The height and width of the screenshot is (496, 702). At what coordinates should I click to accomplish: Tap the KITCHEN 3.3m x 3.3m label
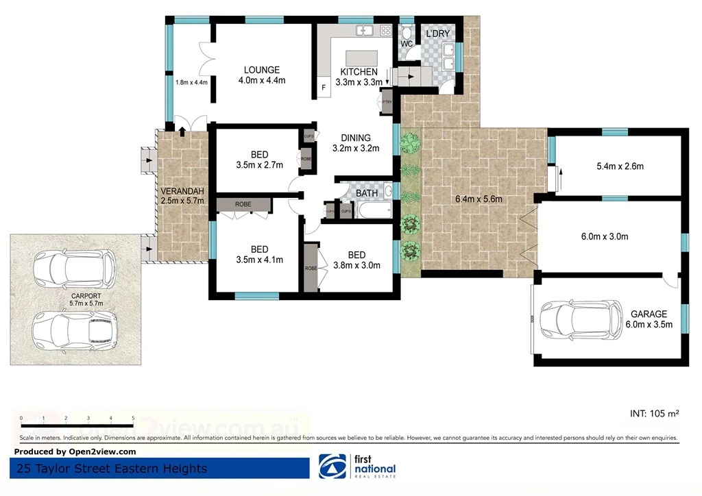359,77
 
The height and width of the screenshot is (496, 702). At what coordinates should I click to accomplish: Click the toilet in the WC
407,32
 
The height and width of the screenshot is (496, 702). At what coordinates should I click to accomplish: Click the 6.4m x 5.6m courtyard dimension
479,199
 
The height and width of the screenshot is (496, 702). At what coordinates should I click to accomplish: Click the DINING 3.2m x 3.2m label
355,143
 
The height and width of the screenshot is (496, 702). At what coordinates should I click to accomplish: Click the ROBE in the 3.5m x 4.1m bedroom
243,204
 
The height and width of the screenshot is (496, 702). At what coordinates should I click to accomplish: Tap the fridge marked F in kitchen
324,88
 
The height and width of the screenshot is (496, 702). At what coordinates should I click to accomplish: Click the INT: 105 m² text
654,414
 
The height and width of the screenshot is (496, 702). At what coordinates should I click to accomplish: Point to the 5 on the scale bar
133,417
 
